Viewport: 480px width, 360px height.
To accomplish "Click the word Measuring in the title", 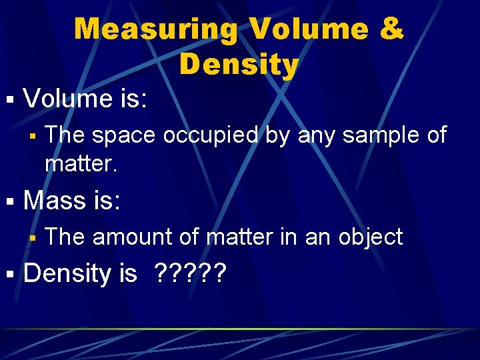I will coord(156,29).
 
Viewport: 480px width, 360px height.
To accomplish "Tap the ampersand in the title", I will coord(391,29).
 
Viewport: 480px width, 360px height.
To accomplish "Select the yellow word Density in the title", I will coord(239,65).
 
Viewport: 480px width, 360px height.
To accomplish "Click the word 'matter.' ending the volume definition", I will coord(81,163).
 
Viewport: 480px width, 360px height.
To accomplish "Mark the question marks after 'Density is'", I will coord(189,273).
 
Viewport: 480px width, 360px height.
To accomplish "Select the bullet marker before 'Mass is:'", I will coord(9,201).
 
